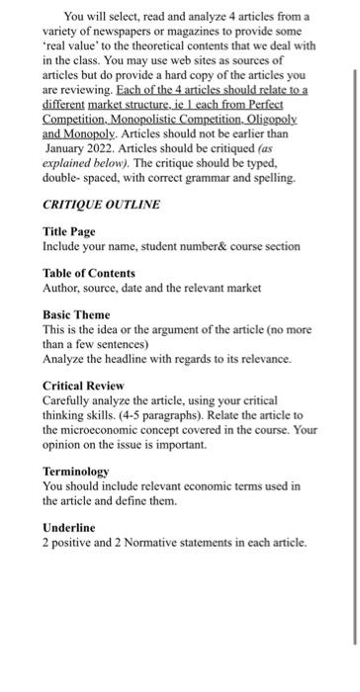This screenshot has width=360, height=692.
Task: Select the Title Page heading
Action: pos(72,230)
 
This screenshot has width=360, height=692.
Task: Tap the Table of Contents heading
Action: pos(89,272)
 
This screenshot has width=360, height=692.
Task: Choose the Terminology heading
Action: pos(76,472)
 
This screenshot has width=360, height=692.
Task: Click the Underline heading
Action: pos(69,528)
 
